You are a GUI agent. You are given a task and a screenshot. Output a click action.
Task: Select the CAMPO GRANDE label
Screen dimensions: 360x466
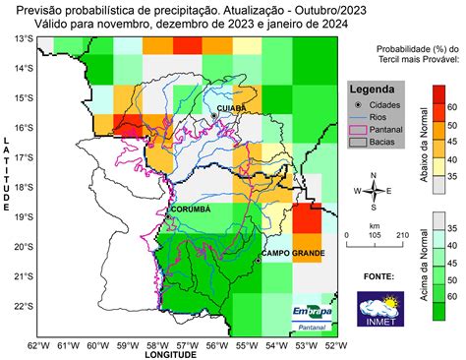[x=292, y=254]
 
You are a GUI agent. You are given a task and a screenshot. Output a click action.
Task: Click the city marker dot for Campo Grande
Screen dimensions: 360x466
[x=259, y=260]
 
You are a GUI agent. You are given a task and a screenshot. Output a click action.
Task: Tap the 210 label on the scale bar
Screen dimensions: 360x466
[x=402, y=236]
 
